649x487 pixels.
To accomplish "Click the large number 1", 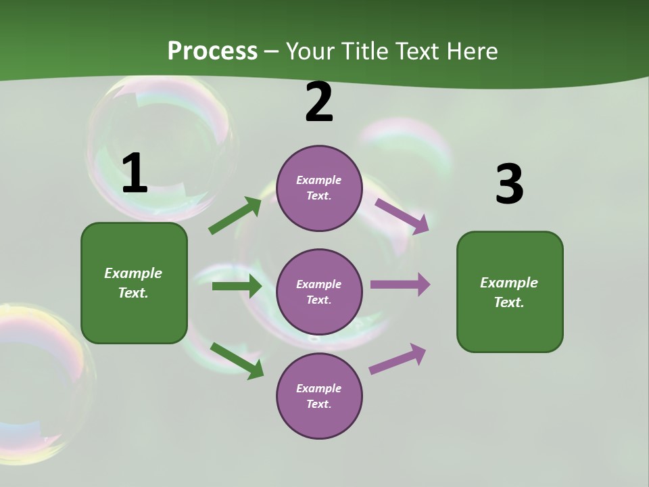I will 135,174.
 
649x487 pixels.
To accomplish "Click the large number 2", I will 319,103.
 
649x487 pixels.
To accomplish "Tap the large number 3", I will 509,185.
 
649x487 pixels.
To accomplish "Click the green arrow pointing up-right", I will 235,216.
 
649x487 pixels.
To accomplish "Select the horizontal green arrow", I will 237,286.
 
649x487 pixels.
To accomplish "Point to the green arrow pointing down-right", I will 237,361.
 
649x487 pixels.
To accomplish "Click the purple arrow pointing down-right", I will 402,216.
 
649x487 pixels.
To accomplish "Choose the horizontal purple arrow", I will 400,285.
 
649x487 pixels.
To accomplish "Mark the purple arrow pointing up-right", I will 398,359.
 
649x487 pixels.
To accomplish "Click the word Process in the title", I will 212,51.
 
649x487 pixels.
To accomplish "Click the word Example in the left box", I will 133,273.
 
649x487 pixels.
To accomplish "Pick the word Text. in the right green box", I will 509,302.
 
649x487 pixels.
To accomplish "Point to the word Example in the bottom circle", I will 319,388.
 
